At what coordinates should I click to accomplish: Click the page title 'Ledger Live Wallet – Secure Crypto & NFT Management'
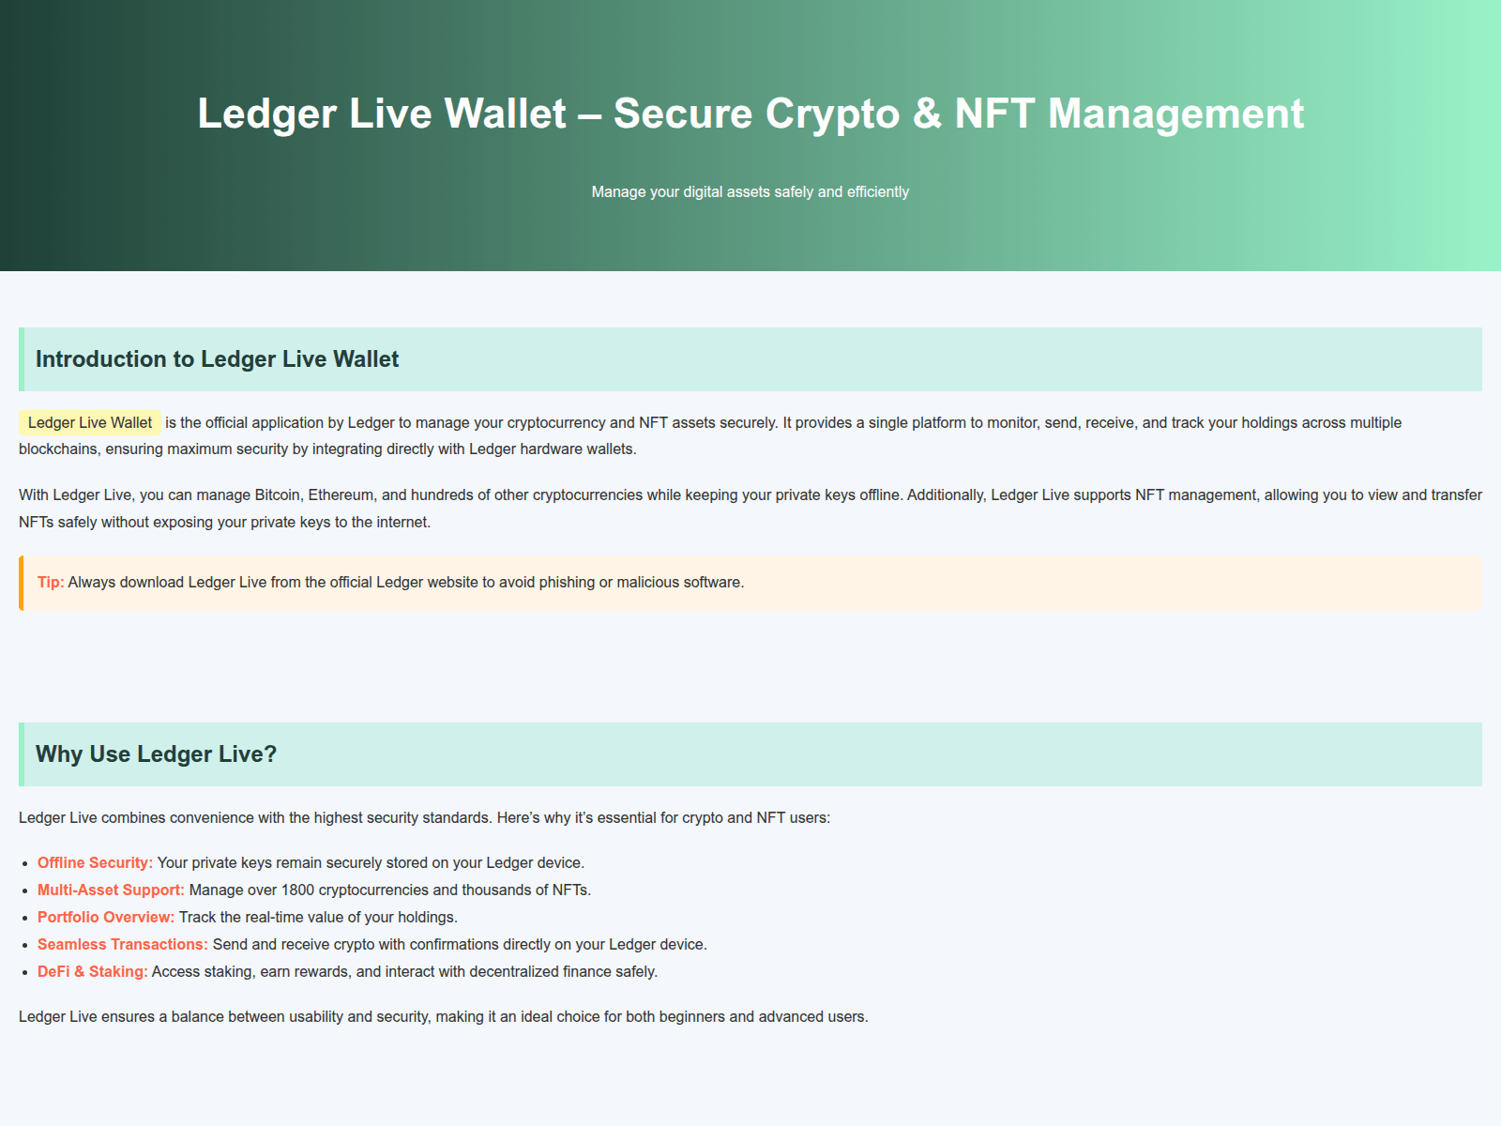coord(750,114)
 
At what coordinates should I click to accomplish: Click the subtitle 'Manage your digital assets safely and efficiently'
coord(750,191)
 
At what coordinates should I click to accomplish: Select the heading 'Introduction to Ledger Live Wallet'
coord(217,359)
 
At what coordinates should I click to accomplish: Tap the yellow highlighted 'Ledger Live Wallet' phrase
coord(90,422)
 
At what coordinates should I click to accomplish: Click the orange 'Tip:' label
coord(51,582)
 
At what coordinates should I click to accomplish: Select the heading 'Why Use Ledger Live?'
coord(156,754)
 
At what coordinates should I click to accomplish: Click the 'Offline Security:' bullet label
coord(95,862)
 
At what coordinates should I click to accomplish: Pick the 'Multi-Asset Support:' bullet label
coord(111,890)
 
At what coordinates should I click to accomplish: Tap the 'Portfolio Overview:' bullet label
coord(106,917)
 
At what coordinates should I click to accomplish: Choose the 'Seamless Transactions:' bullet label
coord(123,944)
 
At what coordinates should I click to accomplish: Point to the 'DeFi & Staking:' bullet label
coord(93,971)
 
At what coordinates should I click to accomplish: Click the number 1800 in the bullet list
coord(297,890)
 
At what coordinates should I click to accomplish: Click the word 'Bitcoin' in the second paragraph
coord(278,495)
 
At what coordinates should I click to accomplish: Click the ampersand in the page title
coord(927,114)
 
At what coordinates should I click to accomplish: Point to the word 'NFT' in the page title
coord(994,114)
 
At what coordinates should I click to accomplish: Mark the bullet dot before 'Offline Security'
coord(25,863)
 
